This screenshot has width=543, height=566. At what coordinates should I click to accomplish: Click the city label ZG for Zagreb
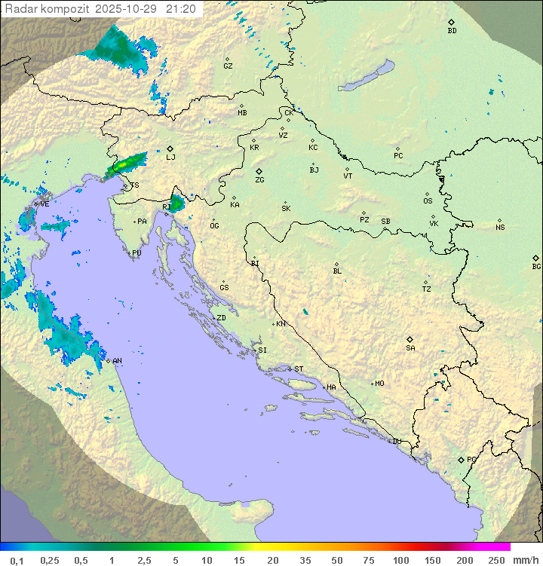tap(259, 181)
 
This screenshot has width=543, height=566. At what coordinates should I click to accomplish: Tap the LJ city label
tap(170, 158)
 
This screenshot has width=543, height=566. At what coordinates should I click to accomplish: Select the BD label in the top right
tap(452, 31)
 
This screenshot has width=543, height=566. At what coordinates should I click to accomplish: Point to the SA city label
tap(410, 348)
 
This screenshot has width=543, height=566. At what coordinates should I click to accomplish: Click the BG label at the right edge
tap(536, 267)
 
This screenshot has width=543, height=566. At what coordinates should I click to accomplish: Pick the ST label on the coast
tap(299, 369)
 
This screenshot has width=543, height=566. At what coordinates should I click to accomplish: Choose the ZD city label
tap(221, 318)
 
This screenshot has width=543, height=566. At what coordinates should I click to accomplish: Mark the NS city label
tap(500, 228)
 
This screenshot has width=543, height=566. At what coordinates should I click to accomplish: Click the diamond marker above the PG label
tap(462, 459)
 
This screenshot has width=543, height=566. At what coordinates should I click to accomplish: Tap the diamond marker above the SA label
tap(410, 339)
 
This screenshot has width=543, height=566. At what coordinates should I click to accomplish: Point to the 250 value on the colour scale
tap(496, 560)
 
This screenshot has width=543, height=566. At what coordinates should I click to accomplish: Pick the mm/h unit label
tap(525, 560)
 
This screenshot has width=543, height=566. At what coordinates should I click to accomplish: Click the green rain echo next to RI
tap(176, 203)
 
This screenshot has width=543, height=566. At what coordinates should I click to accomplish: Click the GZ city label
tap(228, 66)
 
